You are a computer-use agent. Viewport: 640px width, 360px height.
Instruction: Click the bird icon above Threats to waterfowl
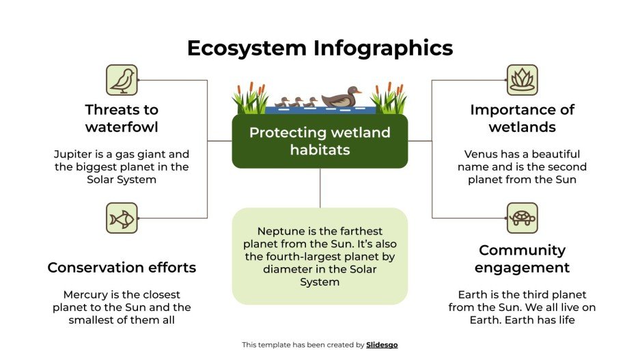tap(122, 80)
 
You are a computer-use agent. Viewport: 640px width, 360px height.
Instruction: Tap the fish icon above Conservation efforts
tap(122, 218)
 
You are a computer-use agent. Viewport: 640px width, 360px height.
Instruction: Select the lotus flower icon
tap(522, 80)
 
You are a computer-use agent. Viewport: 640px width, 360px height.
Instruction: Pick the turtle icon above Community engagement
tap(522, 218)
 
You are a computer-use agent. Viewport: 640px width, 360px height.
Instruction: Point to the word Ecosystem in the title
tap(247, 49)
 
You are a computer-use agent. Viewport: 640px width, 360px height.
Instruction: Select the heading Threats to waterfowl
tap(122, 118)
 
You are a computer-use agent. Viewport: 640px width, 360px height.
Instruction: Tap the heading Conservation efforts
tap(122, 267)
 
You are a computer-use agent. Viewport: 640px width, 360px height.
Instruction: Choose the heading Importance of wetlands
tap(522, 118)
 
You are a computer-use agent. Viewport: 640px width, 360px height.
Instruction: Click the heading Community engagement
tap(522, 258)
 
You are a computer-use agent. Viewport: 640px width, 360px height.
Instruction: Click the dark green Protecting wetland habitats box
tap(320, 141)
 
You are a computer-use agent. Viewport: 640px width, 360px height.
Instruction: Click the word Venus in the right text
tap(480, 154)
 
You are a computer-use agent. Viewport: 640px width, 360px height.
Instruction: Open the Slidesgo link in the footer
tap(381, 345)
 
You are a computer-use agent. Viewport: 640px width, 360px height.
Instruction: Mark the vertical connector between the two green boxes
tap(320, 188)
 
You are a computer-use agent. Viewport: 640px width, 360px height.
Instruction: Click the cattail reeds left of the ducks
tap(250, 100)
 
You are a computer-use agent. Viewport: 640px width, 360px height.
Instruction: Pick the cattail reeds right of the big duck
tap(389, 100)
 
